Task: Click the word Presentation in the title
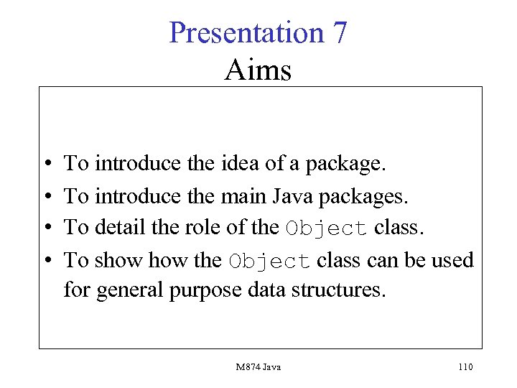pyautogui.click(x=246, y=33)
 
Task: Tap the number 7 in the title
pyautogui.click(x=340, y=33)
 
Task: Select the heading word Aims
pyautogui.click(x=258, y=70)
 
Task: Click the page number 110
pyautogui.click(x=465, y=367)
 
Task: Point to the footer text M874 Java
pyautogui.click(x=258, y=367)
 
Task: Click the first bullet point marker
pyautogui.click(x=45, y=165)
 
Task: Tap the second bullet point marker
pyautogui.click(x=45, y=196)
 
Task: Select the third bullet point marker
pyautogui.click(x=45, y=228)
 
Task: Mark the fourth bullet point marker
pyautogui.click(x=45, y=260)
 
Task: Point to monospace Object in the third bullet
pyautogui.click(x=327, y=228)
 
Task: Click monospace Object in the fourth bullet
pyautogui.click(x=270, y=261)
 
